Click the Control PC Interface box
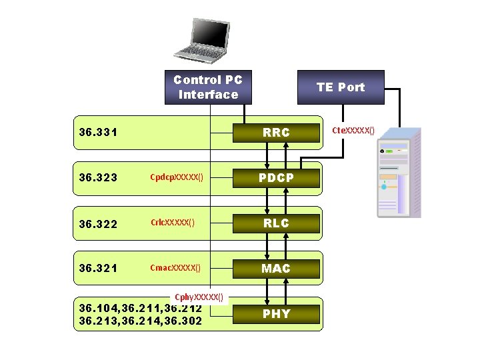coord(208,87)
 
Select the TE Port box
coord(341,87)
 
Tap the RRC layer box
coord(276,133)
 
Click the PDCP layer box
coord(276,178)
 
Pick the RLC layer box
coord(276,223)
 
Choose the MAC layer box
coord(276,268)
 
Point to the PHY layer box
coord(276,313)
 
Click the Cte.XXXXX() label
coord(353,130)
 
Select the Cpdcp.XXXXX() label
coord(177,178)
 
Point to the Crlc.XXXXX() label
coord(172,223)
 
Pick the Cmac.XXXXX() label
coord(175,268)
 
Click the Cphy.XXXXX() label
coord(199,297)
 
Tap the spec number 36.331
coord(98,133)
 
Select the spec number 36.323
coord(98,178)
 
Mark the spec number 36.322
coord(98,223)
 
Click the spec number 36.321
coord(98,269)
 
